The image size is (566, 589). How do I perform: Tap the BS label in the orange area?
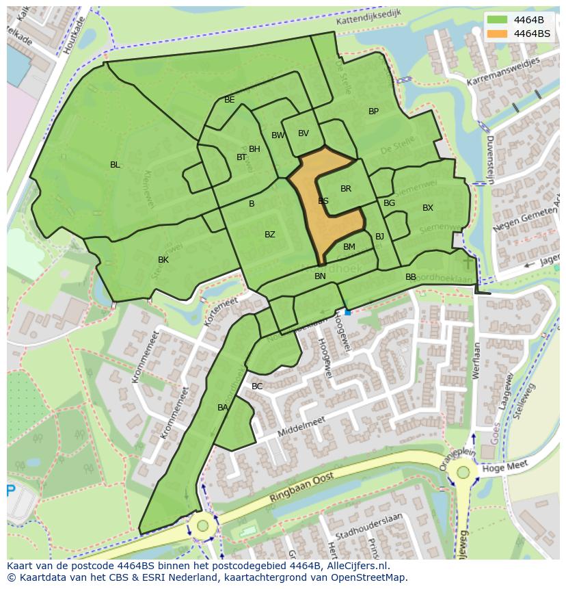(x=323, y=201)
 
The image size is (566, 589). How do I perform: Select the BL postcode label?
(x=115, y=165)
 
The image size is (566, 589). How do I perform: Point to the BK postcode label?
(x=163, y=260)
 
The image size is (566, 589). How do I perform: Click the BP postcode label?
(x=373, y=112)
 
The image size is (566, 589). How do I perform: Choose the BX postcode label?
(x=428, y=208)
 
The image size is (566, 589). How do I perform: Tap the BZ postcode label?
(x=270, y=235)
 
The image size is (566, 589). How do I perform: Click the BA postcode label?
(x=223, y=408)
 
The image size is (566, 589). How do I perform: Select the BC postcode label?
(x=257, y=387)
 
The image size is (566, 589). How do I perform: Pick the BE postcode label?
(x=230, y=100)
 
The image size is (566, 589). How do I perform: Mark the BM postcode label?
(x=349, y=247)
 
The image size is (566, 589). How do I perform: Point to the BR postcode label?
(x=346, y=189)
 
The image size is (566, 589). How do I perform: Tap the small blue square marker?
(x=347, y=312)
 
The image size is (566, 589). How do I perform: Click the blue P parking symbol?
(x=10, y=490)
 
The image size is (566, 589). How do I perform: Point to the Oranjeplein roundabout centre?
(x=463, y=472)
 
